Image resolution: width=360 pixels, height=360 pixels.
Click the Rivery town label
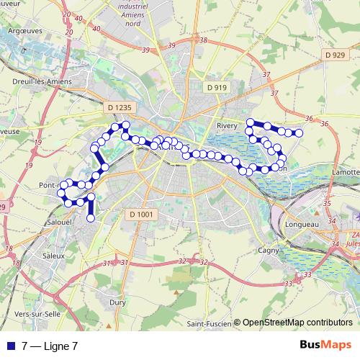[x=227, y=125]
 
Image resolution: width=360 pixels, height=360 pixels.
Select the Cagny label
[x=268, y=251]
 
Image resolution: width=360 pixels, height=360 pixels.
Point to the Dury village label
[x=117, y=303]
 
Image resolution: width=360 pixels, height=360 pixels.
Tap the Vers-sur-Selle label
[x=36, y=315]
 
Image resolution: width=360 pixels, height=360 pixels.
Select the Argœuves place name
[x=25, y=31]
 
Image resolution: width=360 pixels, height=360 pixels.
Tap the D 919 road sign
[x=216, y=87]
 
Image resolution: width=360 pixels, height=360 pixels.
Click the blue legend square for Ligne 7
[x=11, y=346]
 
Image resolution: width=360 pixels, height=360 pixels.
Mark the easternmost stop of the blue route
[x=298, y=133]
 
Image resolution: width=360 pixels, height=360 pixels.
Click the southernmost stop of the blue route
[x=91, y=217]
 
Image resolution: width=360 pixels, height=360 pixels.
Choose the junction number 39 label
[x=147, y=50]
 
